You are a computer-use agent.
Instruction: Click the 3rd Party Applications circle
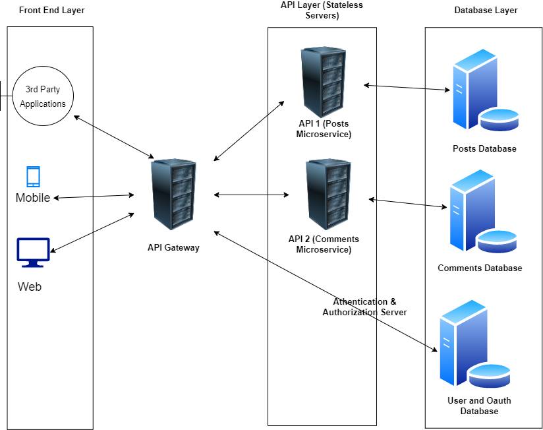click(43, 96)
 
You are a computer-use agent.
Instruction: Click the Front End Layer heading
click(52, 11)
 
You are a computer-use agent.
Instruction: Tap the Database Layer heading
click(486, 11)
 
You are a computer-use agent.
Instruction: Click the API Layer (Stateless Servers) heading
click(322, 10)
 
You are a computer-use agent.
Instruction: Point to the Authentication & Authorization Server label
click(364, 307)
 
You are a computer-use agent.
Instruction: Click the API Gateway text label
click(173, 248)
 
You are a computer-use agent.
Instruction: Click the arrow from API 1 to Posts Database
click(405, 88)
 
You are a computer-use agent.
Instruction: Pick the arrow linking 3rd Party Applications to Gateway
click(113, 137)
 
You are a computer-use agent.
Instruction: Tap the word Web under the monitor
click(30, 287)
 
